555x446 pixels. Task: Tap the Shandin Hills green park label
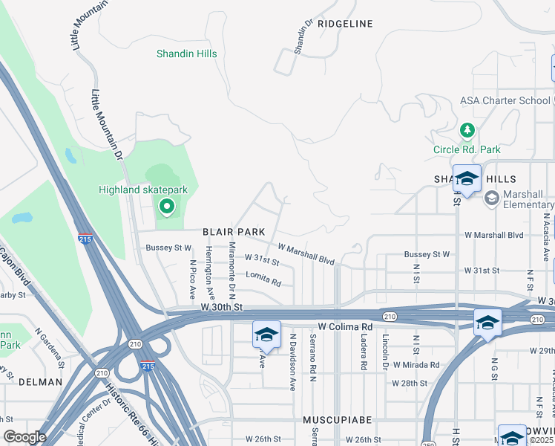point(185,54)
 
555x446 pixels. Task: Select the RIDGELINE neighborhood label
point(345,24)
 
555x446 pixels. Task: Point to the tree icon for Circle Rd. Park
point(467,132)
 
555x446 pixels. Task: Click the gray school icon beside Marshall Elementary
point(491,198)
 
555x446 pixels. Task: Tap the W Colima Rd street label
point(345,327)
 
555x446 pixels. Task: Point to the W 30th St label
point(222,306)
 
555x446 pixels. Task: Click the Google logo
point(24,437)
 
